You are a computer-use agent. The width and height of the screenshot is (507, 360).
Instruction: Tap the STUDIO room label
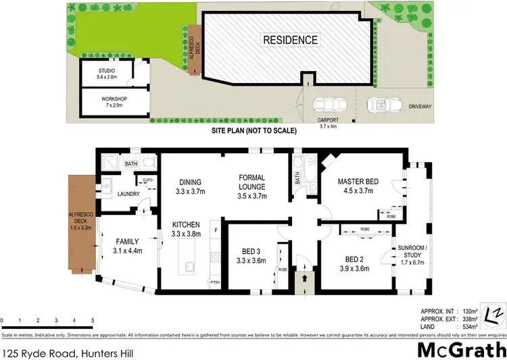107,71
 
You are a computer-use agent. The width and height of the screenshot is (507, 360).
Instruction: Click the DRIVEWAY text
420,107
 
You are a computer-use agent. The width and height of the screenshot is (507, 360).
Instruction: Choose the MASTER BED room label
363,180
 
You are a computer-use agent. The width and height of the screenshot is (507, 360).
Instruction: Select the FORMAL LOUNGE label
253,182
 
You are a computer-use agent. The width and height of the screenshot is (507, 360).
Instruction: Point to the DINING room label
189,182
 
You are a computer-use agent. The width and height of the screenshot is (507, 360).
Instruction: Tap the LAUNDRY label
128,195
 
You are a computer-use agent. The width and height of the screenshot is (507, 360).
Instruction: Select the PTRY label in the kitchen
216,282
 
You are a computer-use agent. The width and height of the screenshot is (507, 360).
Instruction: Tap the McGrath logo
460,349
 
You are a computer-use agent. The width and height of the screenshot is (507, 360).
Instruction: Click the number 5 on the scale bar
92,319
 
